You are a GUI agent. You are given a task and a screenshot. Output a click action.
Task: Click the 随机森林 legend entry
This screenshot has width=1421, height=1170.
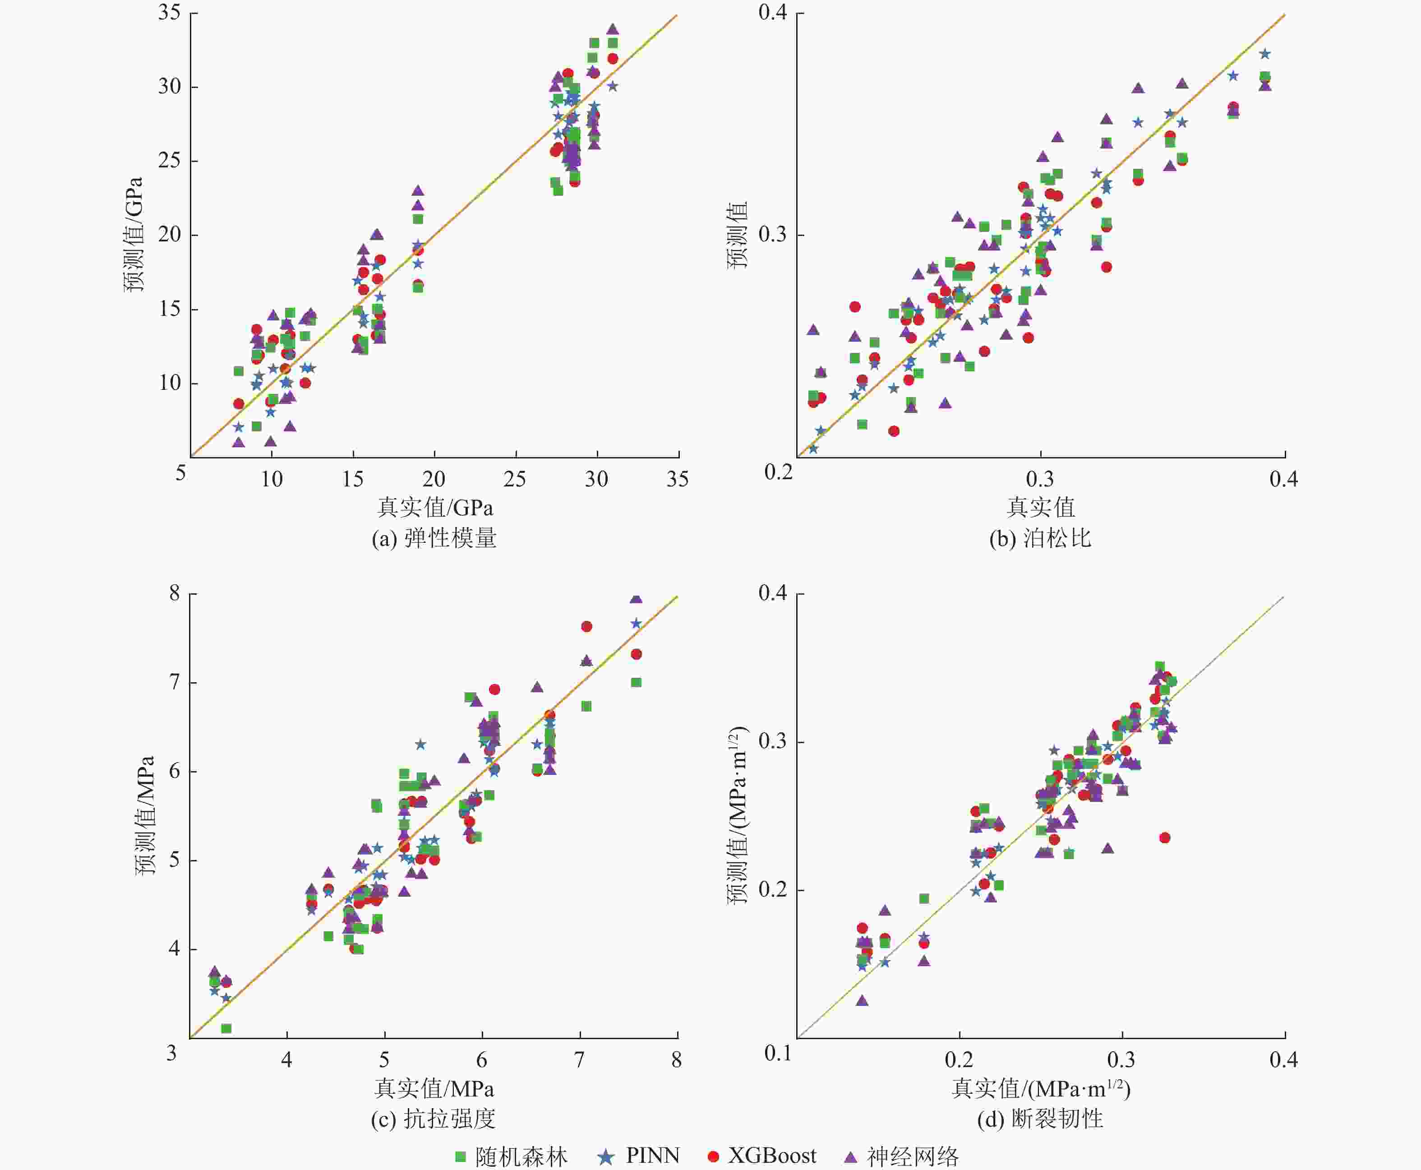(x=512, y=1156)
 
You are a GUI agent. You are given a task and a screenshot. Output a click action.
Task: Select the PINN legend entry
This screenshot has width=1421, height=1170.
(x=639, y=1156)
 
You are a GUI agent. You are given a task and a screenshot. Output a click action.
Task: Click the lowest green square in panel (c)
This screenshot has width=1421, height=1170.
(x=226, y=1028)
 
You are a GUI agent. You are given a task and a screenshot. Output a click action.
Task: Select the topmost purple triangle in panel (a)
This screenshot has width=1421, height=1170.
(x=613, y=29)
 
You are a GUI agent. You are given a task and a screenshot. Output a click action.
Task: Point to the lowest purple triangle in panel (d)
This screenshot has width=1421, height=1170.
(x=862, y=1001)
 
